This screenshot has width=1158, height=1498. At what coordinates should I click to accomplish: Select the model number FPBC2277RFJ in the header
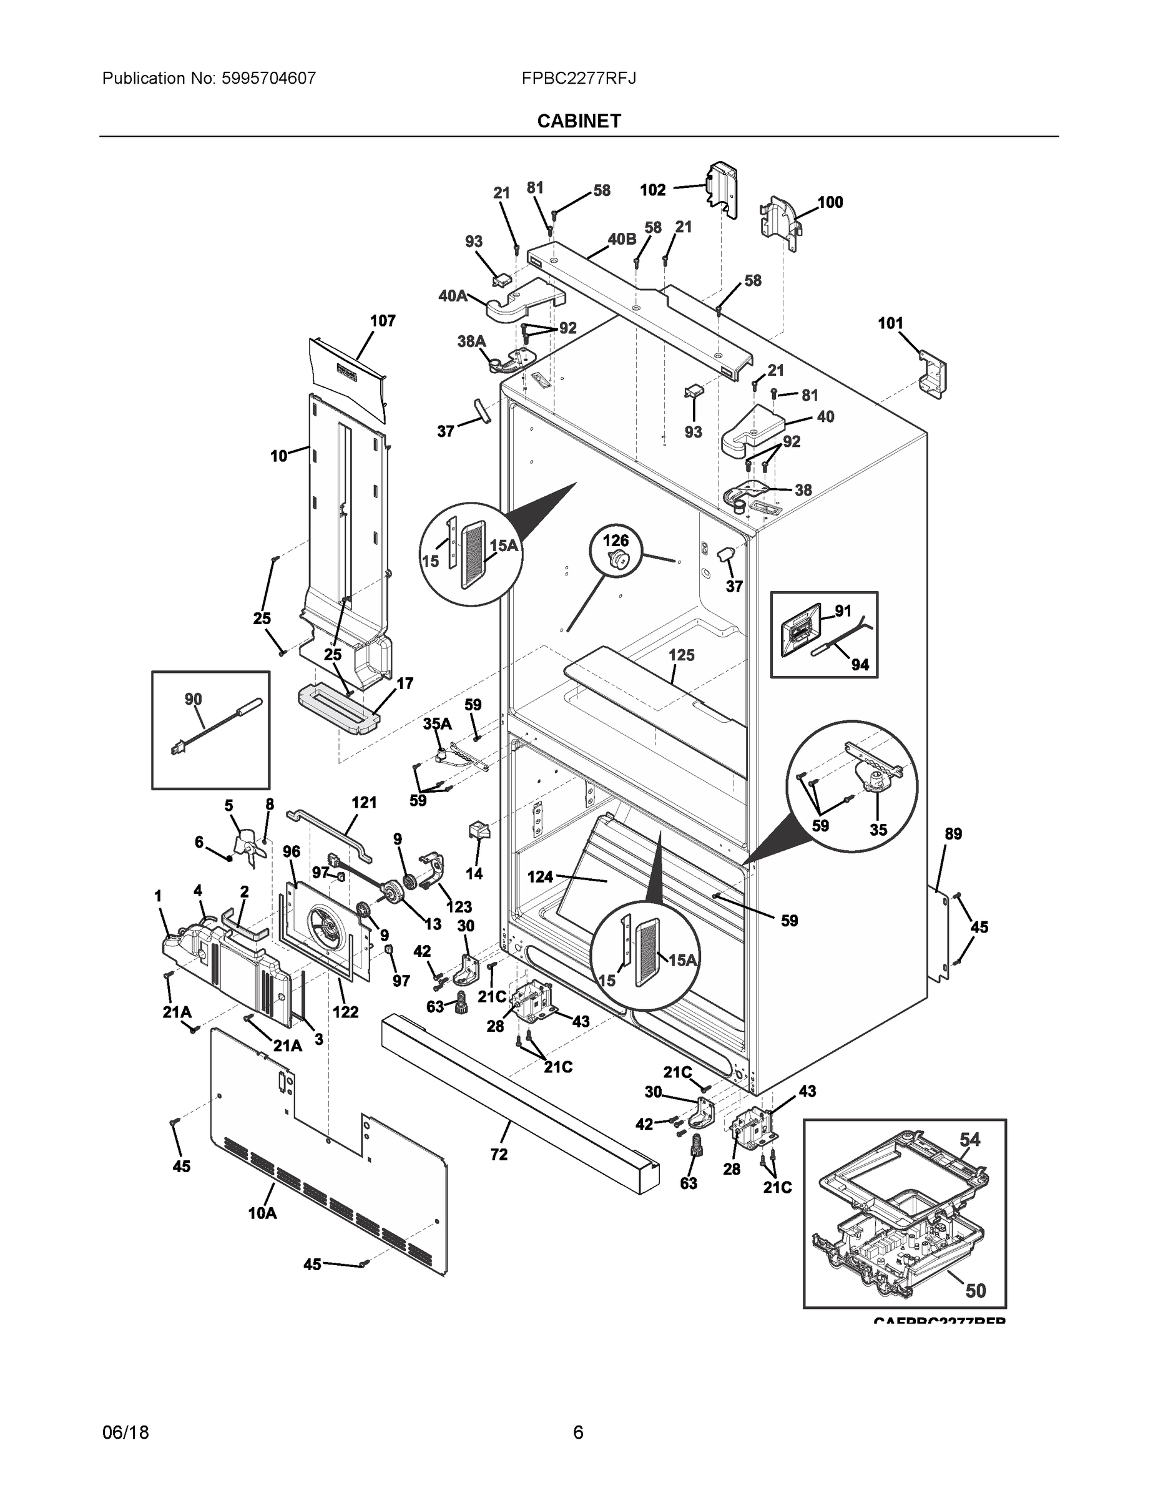[578, 78]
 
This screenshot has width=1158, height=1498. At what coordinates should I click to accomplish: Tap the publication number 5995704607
[268, 78]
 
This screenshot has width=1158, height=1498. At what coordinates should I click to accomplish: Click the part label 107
[383, 321]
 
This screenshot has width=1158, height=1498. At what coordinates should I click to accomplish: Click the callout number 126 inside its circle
[616, 541]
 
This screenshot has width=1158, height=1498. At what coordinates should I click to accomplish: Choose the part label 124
[540, 876]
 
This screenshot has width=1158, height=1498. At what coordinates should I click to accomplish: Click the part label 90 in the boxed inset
[194, 699]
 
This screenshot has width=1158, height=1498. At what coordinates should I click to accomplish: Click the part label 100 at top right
[830, 202]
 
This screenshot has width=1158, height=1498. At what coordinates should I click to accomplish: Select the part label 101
[890, 323]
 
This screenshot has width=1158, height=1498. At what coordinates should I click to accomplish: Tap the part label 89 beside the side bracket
[953, 834]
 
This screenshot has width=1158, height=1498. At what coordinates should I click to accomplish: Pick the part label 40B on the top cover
[622, 238]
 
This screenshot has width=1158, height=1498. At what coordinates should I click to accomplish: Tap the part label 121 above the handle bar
[365, 803]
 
